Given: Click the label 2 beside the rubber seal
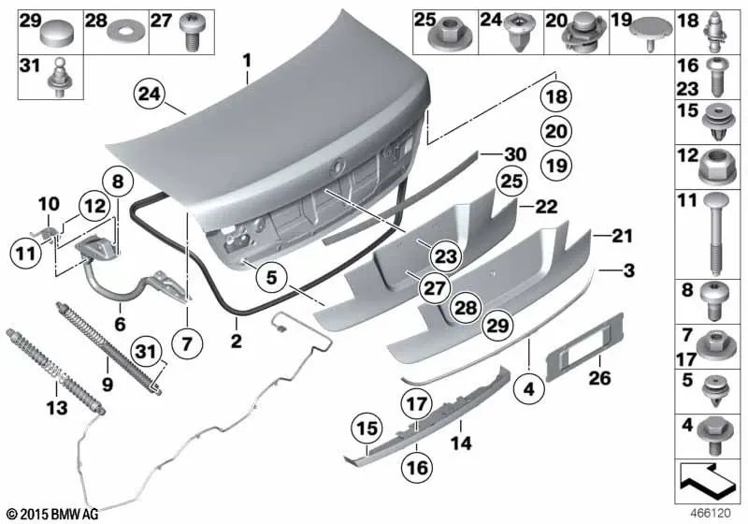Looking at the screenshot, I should [x=237, y=343].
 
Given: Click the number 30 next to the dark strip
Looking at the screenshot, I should [x=515, y=153].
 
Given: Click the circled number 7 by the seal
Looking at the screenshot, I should [x=187, y=344].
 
